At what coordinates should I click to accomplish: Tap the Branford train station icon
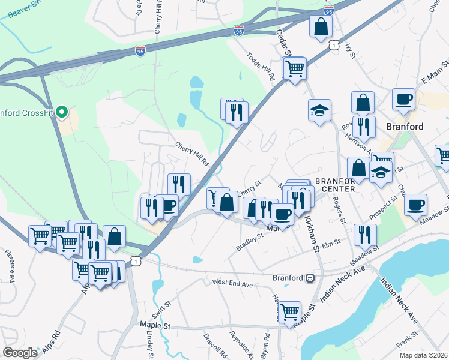(310, 278)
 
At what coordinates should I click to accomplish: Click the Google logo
(20, 353)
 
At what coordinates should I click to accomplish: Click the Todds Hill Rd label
(260, 66)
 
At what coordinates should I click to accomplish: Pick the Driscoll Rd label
(215, 346)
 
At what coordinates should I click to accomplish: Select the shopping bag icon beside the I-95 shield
(321, 26)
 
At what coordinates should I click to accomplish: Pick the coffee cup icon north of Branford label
(403, 99)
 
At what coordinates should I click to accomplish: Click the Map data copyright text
(423, 355)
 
